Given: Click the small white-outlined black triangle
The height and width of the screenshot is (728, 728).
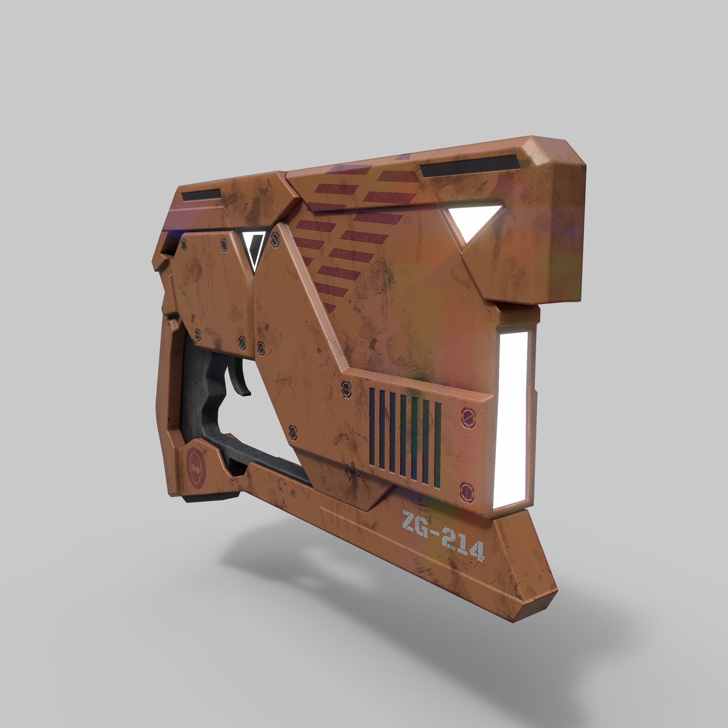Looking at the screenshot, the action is click(x=254, y=249).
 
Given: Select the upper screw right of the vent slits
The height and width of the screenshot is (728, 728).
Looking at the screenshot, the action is click(x=468, y=418).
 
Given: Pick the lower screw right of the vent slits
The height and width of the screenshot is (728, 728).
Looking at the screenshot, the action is click(x=467, y=492).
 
